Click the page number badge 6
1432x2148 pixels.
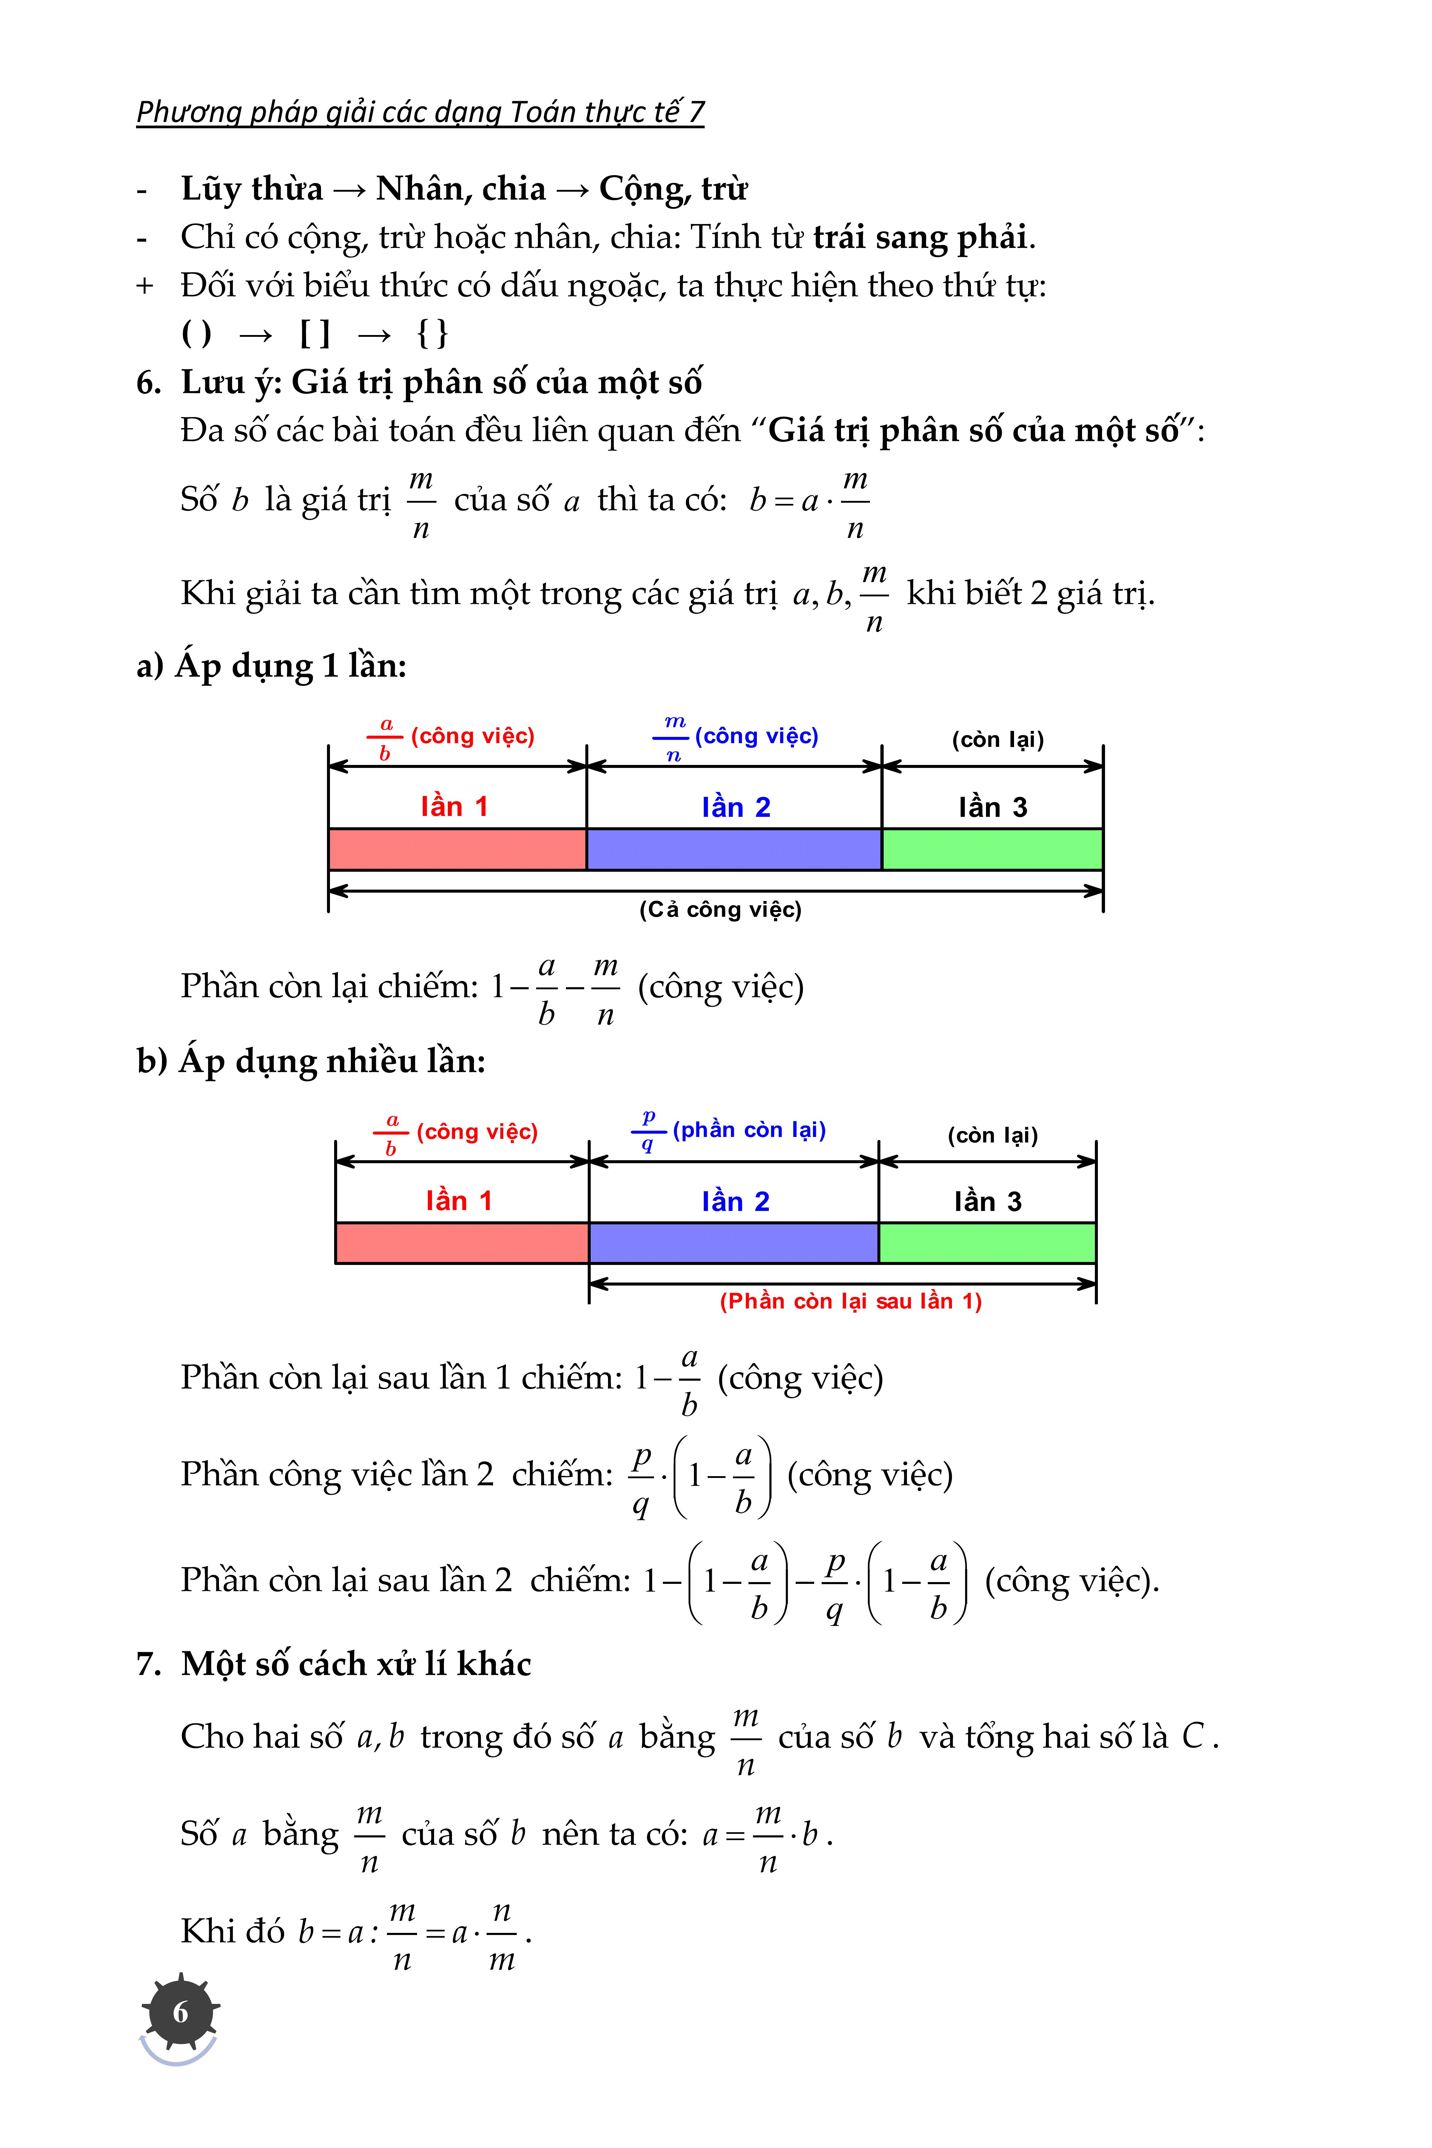click(180, 2012)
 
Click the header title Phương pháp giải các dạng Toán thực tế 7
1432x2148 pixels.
click(420, 111)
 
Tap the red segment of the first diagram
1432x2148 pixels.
click(457, 849)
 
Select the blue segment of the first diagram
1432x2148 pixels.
click(733, 849)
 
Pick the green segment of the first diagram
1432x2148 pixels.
click(992, 849)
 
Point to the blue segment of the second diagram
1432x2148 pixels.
click(733, 1243)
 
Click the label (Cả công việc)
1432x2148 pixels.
click(720, 910)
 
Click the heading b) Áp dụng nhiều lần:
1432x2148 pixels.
click(311, 1061)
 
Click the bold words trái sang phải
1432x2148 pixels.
click(921, 237)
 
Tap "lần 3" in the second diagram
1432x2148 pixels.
click(987, 1202)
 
